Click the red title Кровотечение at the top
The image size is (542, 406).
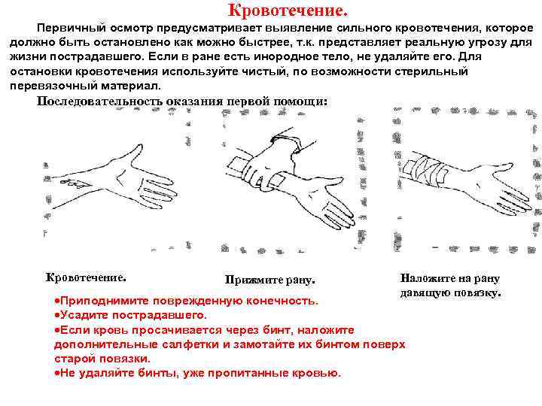[288, 11]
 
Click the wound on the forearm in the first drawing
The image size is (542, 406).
[79, 183]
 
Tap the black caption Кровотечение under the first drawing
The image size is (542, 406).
[86, 277]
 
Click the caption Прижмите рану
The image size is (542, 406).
[270, 280]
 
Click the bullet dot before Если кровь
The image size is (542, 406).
[57, 330]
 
